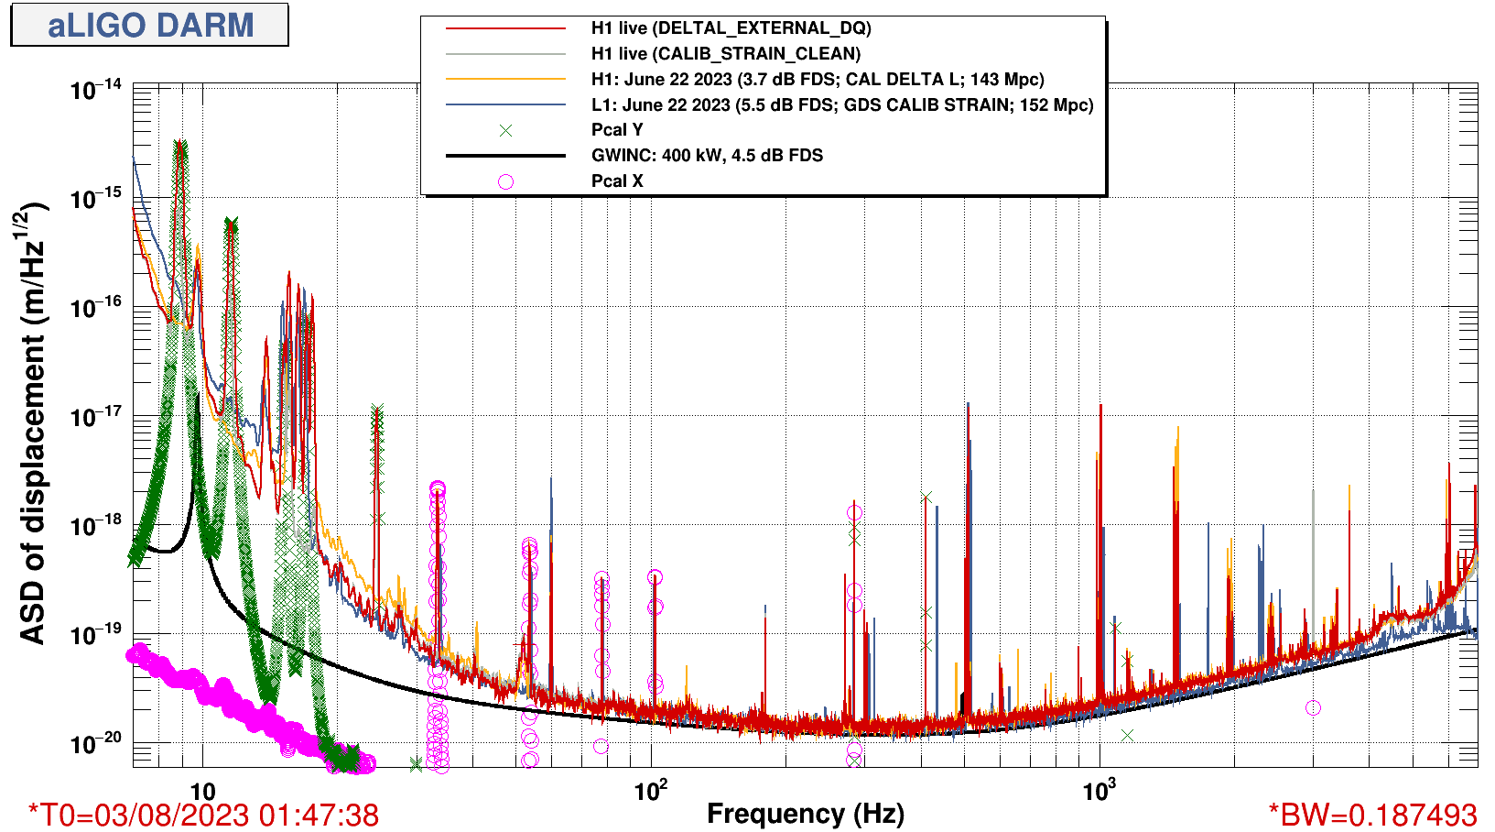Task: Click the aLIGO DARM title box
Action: [x=149, y=25]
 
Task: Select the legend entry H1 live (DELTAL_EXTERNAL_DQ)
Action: [x=731, y=28]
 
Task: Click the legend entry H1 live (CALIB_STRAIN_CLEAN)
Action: [x=725, y=54]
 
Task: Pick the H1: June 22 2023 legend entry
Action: [x=817, y=80]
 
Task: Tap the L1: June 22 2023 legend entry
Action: [x=841, y=104]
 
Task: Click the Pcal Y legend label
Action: [x=617, y=130]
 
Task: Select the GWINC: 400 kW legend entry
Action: [x=707, y=156]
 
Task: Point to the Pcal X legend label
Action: [x=617, y=181]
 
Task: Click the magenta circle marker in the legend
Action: [x=505, y=181]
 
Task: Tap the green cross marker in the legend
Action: [x=505, y=130]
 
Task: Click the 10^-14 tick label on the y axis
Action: [x=96, y=90]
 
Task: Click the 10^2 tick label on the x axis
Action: [x=651, y=790]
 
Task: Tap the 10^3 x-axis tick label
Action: [x=1100, y=790]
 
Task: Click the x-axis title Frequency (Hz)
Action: [x=806, y=814]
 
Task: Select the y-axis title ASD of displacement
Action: [x=33, y=423]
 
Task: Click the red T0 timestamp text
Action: [x=203, y=815]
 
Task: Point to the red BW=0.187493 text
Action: [x=1372, y=815]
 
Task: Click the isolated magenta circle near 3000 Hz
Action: [x=1313, y=707]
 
